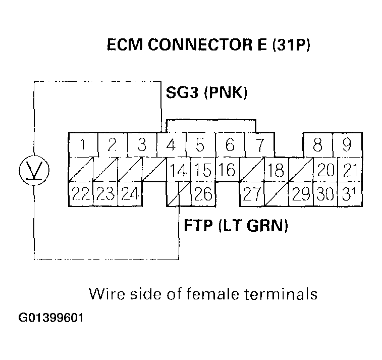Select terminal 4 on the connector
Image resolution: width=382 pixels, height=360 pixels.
tap(171, 145)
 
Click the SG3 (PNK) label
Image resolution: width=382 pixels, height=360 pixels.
tap(206, 93)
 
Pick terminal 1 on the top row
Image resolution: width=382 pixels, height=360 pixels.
tap(83, 145)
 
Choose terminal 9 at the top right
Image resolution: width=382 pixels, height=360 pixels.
tap(347, 145)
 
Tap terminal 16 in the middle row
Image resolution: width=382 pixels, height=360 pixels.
tap(230, 170)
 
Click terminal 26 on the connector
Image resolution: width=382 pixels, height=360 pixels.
tap(202, 194)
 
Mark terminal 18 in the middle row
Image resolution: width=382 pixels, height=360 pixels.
tap(276, 170)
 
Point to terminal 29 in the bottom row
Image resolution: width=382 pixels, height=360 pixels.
tap(301, 194)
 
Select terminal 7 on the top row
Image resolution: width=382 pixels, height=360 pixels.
tap(259, 145)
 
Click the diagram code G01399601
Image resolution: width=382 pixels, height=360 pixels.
tap(51, 319)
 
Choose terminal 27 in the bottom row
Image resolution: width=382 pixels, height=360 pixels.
tap(252, 194)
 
